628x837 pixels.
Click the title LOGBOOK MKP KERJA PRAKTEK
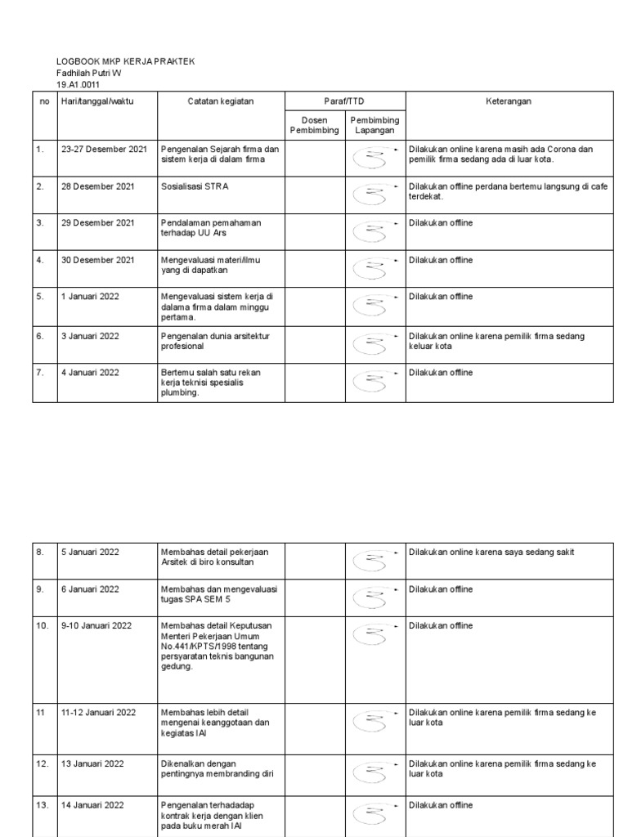(125, 61)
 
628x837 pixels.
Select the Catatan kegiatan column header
(220, 101)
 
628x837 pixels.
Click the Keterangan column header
(509, 101)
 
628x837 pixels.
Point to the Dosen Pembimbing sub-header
(314, 125)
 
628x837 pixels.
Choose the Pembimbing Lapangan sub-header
(375, 125)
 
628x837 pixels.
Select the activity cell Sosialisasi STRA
(195, 186)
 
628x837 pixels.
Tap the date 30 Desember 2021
(97, 260)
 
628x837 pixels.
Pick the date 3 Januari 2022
(90, 336)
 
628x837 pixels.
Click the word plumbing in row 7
(180, 393)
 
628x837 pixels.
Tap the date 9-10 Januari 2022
(96, 626)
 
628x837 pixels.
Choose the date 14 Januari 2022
(92, 805)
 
